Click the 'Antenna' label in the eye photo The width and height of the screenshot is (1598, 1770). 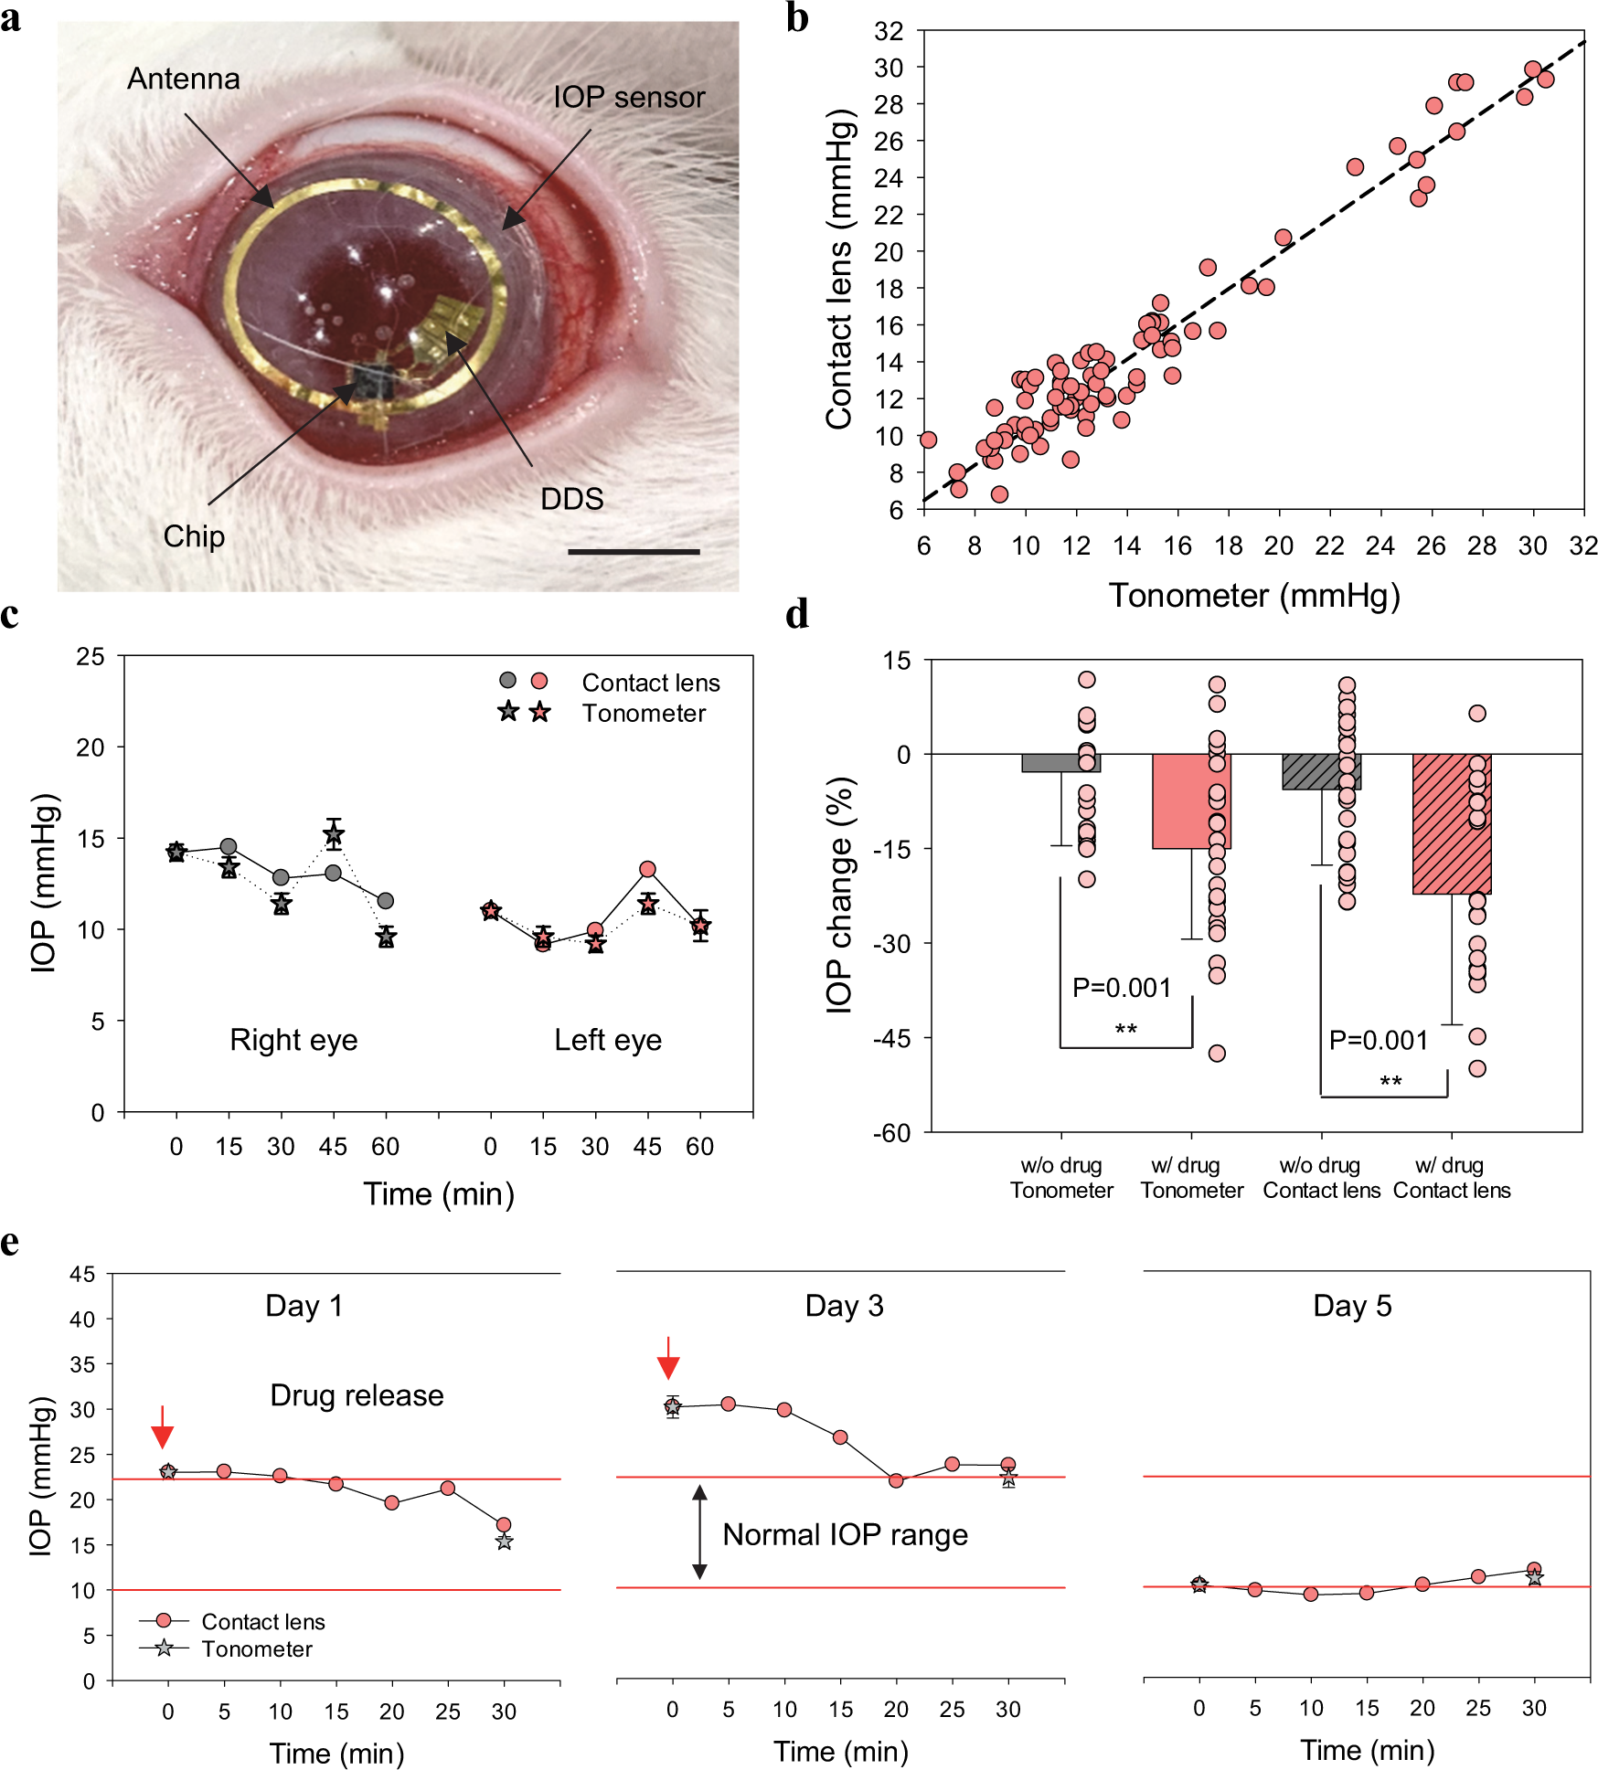coord(183,79)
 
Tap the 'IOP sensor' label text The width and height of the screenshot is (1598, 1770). coord(629,98)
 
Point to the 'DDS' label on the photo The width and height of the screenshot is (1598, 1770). coord(572,499)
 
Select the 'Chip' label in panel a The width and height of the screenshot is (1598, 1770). coord(194,536)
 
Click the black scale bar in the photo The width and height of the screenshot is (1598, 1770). coord(634,552)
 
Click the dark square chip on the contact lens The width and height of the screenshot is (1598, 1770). coord(373,382)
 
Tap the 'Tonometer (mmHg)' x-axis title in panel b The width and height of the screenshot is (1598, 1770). coord(1254,596)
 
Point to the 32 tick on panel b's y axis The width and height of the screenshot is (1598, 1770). coord(889,31)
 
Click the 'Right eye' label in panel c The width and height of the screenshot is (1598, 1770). coord(293,1040)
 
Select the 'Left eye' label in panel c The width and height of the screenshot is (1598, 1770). coord(608,1040)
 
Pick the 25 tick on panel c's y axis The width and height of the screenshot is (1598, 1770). coord(91,656)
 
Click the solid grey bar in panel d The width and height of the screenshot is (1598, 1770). coord(1060,763)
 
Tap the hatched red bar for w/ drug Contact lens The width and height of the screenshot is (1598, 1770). coord(1452,823)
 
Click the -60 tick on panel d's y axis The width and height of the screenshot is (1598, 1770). coord(891,1133)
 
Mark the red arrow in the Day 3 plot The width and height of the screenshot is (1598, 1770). coord(669,1358)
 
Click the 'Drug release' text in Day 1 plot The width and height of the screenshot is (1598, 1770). coord(357,1395)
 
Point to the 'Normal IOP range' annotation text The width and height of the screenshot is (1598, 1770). coord(845,1534)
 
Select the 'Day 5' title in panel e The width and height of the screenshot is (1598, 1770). coord(1352,1306)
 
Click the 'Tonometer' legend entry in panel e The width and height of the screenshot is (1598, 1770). coord(257,1648)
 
